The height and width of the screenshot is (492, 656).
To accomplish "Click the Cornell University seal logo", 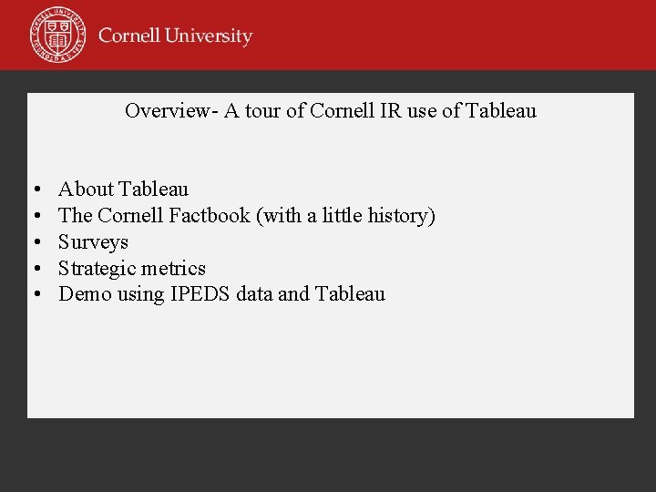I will coord(57,34).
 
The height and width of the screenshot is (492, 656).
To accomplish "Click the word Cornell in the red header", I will coord(128,36).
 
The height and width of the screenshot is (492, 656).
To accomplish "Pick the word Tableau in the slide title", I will coord(501,111).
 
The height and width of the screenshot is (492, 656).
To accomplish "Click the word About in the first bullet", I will coord(86,190).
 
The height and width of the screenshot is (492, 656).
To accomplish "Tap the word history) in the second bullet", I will coord(402,216).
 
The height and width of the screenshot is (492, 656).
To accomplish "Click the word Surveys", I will coord(93,242).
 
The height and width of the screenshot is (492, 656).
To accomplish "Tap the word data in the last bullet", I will coord(254,294).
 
